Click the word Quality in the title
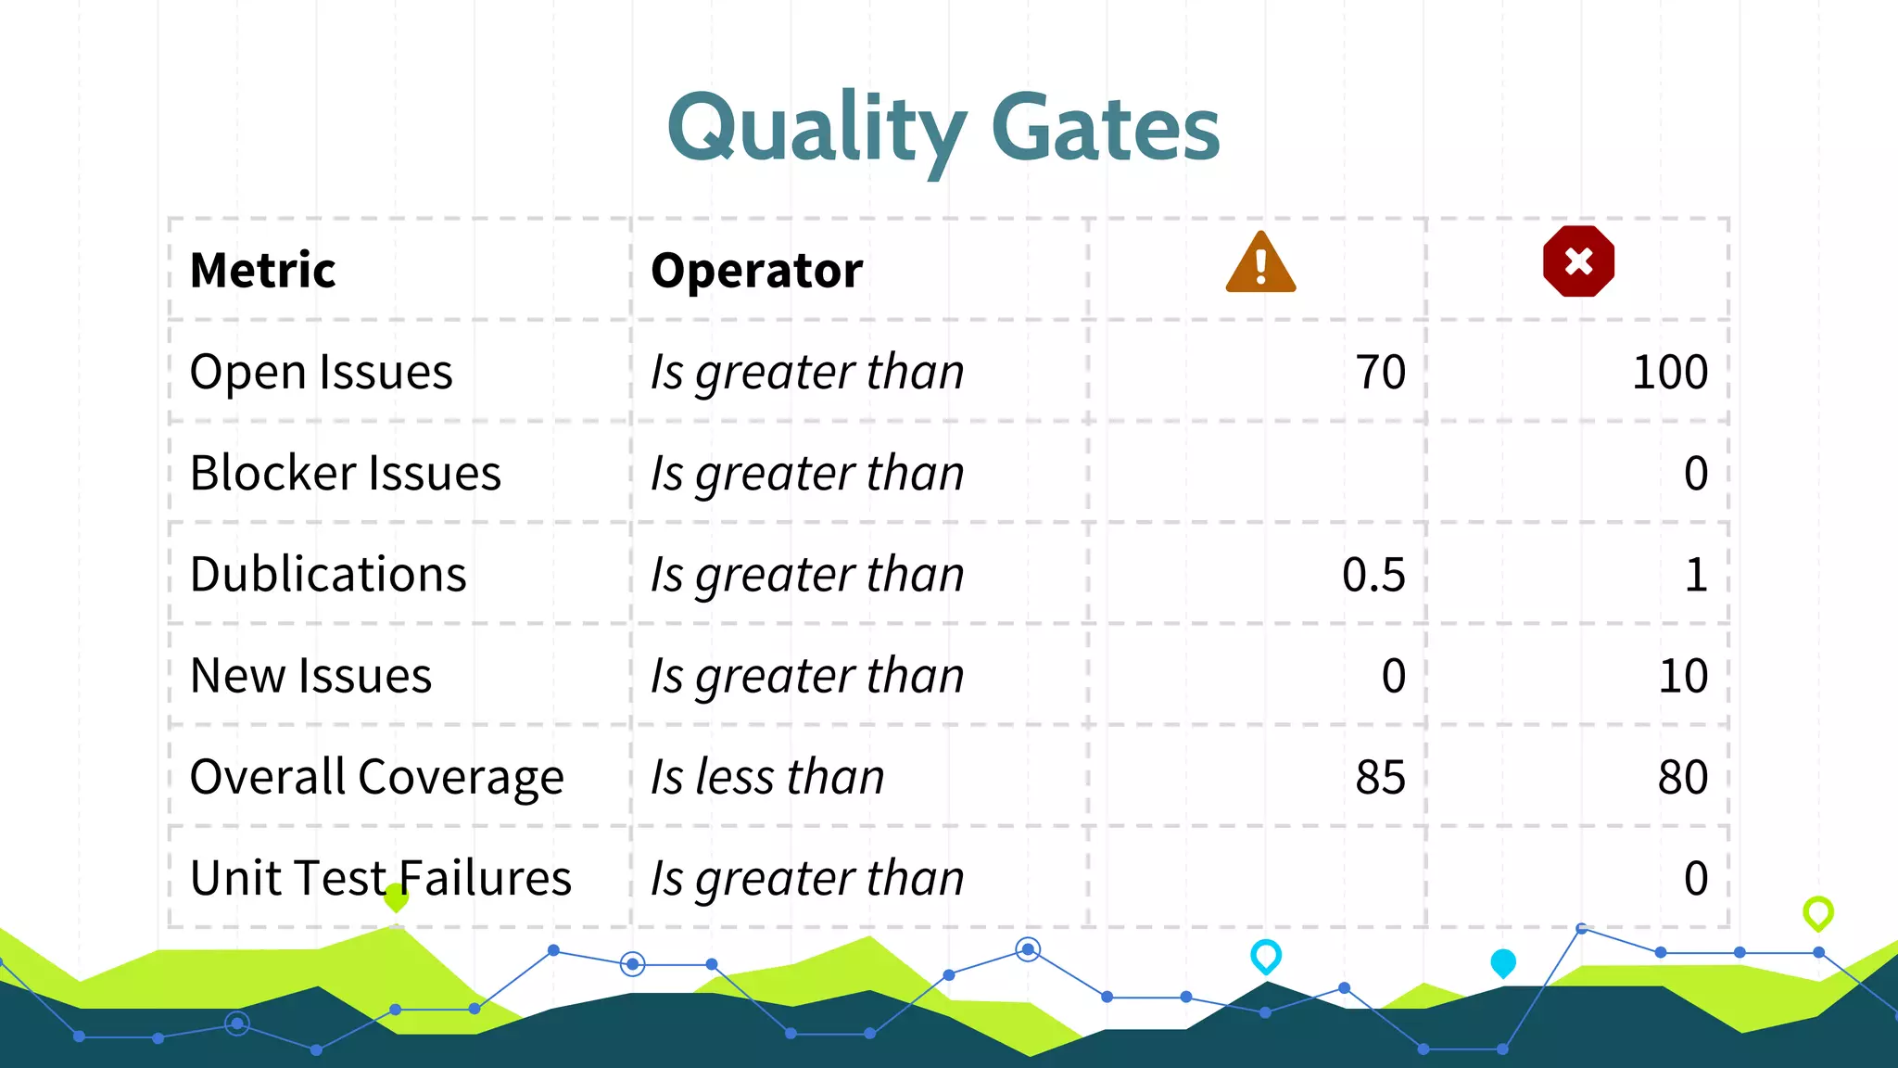(x=816, y=130)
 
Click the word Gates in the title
(x=1105, y=130)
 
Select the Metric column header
(x=262, y=271)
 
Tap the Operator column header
(x=756, y=271)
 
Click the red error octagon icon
(x=1578, y=261)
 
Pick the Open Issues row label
(x=321, y=373)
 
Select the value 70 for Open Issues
(x=1380, y=373)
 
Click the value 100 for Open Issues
(x=1669, y=373)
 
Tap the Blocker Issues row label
(x=345, y=474)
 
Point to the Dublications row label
(x=328, y=575)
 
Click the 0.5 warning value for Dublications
(x=1373, y=575)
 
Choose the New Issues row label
(x=310, y=676)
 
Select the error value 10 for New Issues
(x=1682, y=676)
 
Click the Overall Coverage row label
(x=376, y=777)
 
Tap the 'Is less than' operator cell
(x=767, y=777)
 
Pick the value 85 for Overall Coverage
(x=1380, y=777)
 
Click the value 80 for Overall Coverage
(x=1682, y=777)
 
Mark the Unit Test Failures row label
(x=380, y=878)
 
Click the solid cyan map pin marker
(x=1502, y=962)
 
